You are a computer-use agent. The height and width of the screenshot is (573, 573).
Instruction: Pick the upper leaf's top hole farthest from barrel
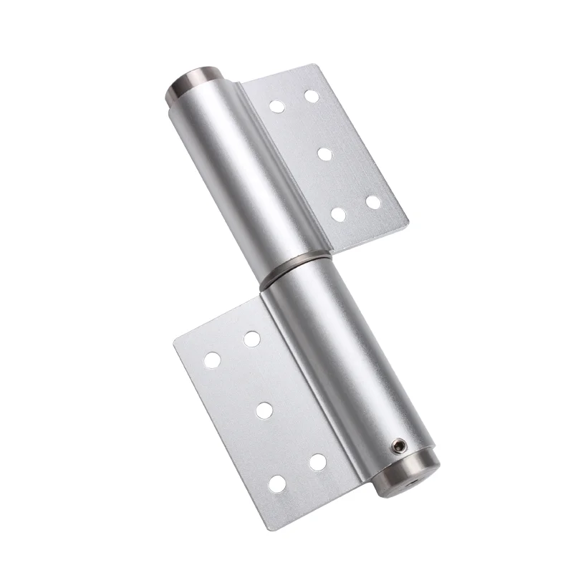311,95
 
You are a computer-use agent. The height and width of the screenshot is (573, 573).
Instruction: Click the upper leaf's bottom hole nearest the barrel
339,213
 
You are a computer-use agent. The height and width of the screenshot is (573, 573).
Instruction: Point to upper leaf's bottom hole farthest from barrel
373,202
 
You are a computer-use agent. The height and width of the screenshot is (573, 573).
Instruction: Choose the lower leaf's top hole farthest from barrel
212,360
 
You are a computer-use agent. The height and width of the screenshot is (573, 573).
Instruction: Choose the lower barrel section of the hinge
344,358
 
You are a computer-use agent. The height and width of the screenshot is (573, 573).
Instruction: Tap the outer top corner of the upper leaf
317,67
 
